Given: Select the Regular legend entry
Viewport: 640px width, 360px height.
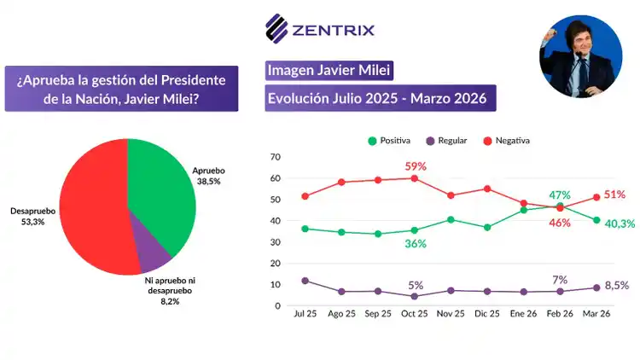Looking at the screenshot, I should coord(451,140).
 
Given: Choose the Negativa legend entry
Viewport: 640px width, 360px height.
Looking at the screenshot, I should coord(512,140).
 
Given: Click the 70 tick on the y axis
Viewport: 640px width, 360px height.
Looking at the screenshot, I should coord(275,157).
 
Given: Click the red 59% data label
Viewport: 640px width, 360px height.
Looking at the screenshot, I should coord(416,166).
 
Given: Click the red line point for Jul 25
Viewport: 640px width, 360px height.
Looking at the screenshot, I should coord(305,196).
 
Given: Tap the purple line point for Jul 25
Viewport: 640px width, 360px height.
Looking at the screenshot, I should coord(305,281).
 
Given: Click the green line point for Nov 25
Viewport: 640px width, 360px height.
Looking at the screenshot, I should coord(451,219).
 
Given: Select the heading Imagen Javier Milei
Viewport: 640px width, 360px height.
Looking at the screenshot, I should coord(329,69).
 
